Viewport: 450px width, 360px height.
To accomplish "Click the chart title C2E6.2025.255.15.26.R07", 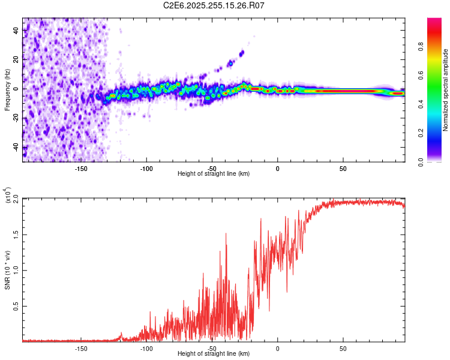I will [214, 5].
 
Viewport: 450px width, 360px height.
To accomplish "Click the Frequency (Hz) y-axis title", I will [7, 89].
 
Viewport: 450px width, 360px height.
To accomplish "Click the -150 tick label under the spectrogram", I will [81, 168].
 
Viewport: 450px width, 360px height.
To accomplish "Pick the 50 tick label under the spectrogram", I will [343, 168].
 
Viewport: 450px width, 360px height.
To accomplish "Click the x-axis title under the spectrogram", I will [214, 174].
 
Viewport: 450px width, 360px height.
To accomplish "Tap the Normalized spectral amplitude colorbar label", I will [446, 90].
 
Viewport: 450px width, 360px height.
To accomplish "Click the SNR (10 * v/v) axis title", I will [7, 269].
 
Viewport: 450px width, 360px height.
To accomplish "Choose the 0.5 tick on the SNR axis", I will [15, 305].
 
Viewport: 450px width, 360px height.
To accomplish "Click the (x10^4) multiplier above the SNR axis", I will [8, 196].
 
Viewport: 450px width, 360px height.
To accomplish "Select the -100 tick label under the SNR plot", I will [146, 348].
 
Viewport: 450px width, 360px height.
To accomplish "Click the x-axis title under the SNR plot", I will [214, 354].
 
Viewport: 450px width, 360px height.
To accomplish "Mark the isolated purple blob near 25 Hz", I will [242, 53].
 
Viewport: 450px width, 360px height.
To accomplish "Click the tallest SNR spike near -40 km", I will [226, 234].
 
